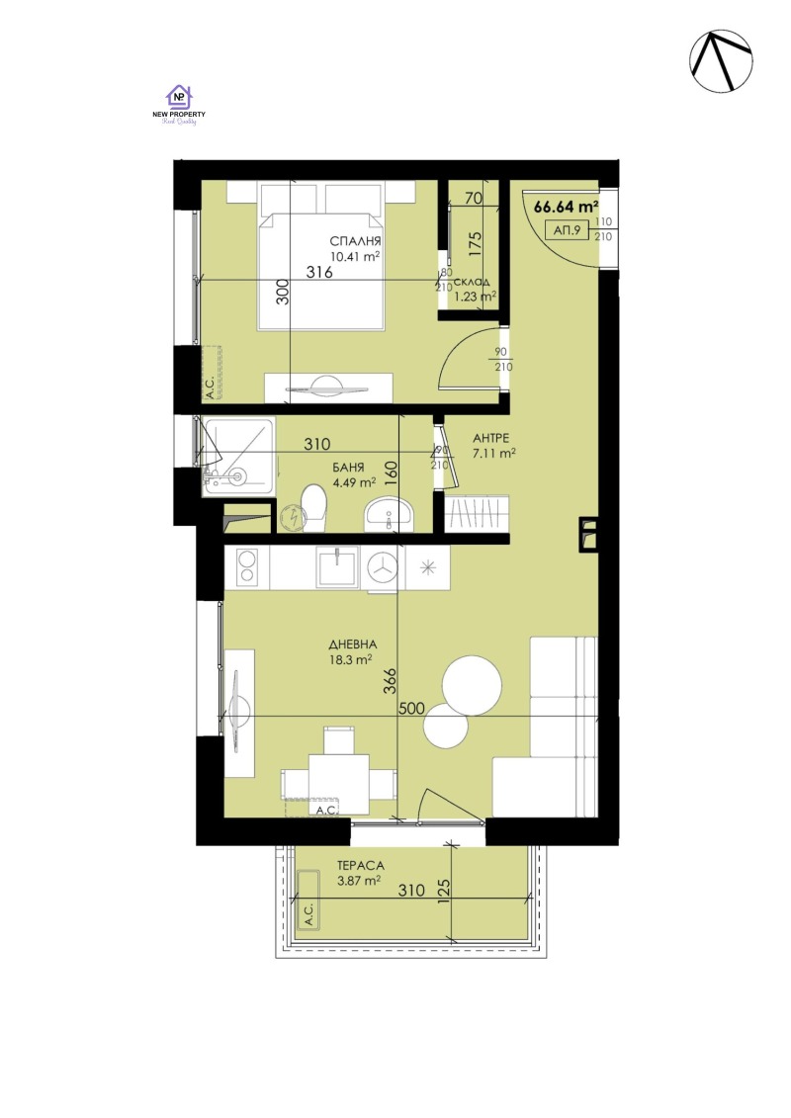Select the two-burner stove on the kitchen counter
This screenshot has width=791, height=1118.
[246, 566]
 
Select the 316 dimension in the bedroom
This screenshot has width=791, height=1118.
[318, 273]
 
